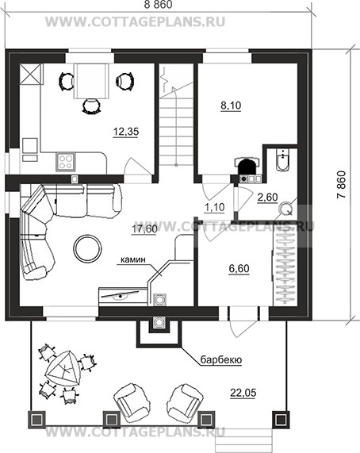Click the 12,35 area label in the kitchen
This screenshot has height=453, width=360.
pos(126,132)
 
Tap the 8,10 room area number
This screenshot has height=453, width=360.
pos(231,106)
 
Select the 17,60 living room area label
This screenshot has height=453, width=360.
pos(144,229)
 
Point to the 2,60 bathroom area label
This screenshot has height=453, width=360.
pos(267,198)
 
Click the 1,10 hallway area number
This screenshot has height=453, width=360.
pos(214,207)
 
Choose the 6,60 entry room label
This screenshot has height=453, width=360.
pos(239,269)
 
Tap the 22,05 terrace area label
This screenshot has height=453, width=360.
pos(243,393)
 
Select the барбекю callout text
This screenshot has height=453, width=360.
pos(221,359)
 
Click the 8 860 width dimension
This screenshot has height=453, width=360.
pos(159,5)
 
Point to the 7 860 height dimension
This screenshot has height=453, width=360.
pos(341,185)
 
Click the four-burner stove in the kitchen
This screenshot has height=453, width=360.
pos(65,162)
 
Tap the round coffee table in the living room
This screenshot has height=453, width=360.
pos(87,248)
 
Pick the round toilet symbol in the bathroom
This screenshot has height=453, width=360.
pos(285,209)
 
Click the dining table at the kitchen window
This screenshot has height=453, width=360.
pos(91,81)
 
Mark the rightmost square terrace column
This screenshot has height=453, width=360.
pos(280,419)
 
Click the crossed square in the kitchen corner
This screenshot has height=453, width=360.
pos(30,74)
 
